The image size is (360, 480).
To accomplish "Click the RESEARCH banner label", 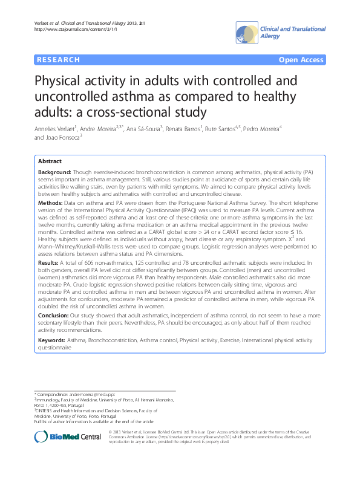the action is click(59, 60).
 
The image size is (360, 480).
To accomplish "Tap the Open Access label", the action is click(301, 60).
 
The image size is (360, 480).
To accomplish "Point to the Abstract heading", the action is click(50, 162).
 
